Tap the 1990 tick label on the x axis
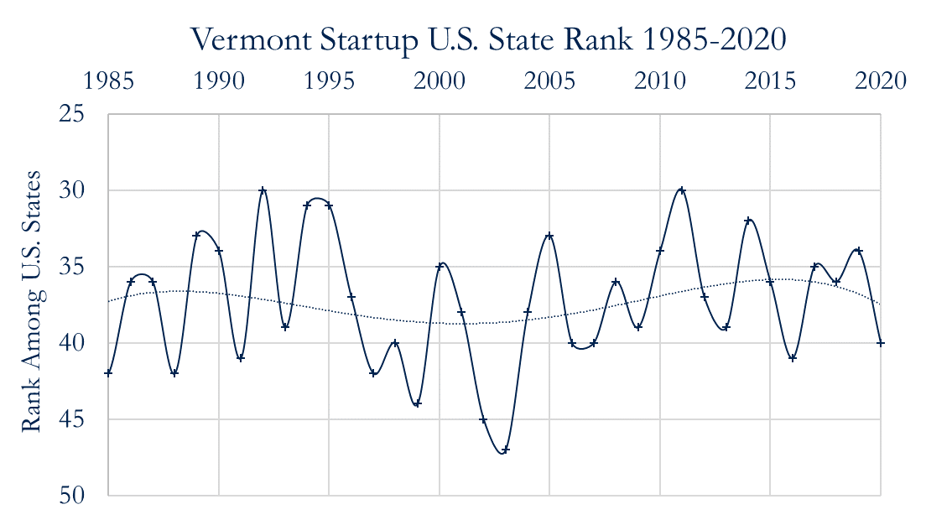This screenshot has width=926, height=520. tap(218, 81)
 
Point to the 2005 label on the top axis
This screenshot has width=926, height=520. tap(549, 81)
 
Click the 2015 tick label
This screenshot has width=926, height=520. tap(770, 81)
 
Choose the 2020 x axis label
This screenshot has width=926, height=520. tap(881, 81)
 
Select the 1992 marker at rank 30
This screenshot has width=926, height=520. tap(263, 190)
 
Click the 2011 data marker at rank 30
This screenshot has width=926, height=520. tap(682, 190)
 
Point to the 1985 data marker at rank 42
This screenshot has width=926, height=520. tap(108, 373)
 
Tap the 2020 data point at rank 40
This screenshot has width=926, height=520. tap(881, 343)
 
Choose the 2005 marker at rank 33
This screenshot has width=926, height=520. tap(549, 236)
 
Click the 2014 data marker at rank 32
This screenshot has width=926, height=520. tap(748, 221)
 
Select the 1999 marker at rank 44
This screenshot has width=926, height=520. tap(417, 404)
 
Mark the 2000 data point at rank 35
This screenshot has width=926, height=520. tap(439, 267)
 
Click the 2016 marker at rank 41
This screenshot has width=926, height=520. tap(793, 358)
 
